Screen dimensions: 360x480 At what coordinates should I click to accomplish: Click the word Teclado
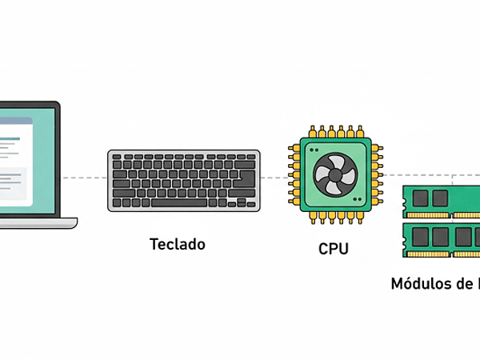(177, 244)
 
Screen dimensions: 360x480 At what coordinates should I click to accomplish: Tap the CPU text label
(334, 249)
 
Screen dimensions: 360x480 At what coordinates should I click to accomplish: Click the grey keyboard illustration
(184, 180)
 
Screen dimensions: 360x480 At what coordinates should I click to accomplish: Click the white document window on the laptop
(16, 160)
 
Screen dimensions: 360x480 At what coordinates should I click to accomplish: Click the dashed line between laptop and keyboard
(84, 177)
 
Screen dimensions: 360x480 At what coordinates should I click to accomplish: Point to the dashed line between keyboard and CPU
(274, 177)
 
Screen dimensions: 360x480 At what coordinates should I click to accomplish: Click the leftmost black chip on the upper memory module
(418, 198)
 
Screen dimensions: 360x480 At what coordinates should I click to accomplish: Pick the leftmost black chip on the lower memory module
(418, 237)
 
